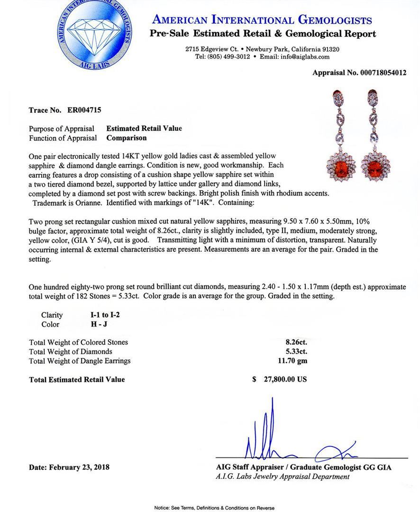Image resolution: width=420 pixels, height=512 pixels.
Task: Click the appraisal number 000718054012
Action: (x=377, y=73)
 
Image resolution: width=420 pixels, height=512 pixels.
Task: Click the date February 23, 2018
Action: (x=69, y=467)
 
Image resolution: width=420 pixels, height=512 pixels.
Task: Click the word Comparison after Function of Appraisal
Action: (x=127, y=138)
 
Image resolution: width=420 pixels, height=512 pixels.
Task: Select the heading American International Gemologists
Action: (x=262, y=20)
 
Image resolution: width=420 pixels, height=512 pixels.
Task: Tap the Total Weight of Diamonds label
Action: (x=71, y=351)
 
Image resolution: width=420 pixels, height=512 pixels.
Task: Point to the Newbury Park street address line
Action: (x=262, y=49)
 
